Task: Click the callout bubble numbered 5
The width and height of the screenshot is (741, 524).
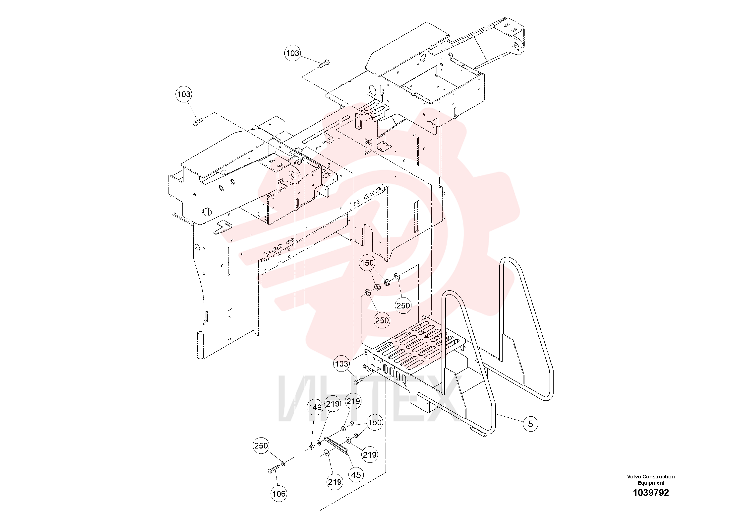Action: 530,424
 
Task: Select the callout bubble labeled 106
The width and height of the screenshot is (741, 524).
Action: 279,494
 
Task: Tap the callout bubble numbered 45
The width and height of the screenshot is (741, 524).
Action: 356,475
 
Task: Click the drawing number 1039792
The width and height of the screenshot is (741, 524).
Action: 651,493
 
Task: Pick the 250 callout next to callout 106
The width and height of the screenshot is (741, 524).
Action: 261,446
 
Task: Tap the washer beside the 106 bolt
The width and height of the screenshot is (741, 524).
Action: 283,464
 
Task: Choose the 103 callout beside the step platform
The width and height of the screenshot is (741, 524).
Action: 342,364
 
